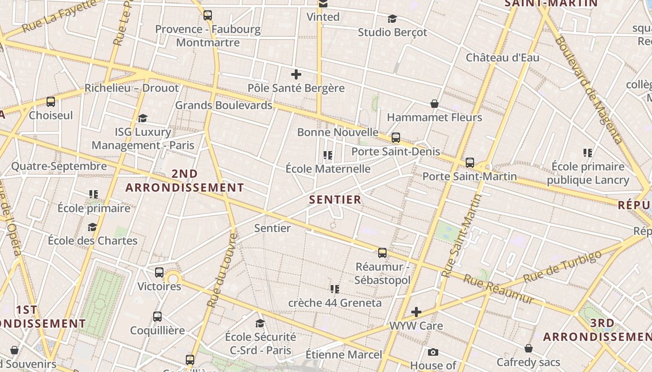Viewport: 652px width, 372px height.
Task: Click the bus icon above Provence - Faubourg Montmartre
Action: point(208,15)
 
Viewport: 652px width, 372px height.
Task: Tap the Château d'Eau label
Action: point(503,58)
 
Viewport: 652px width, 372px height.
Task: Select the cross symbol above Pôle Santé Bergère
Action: point(296,74)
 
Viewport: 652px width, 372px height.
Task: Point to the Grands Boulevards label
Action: point(224,105)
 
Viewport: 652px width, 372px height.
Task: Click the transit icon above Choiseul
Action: point(51,101)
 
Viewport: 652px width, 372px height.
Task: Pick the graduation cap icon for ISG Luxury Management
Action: point(143,118)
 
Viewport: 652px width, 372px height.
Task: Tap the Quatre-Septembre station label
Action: point(59,166)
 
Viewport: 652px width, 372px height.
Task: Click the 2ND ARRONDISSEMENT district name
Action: point(185,181)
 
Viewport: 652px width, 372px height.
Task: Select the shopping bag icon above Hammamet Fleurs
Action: point(435,104)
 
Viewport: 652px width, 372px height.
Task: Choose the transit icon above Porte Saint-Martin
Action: point(470,163)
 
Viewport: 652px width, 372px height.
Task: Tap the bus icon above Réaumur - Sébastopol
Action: point(382,253)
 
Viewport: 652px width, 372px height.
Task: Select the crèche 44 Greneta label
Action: point(335,303)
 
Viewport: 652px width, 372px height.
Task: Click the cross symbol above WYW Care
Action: point(416,312)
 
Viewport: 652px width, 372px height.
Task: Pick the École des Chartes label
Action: point(93,240)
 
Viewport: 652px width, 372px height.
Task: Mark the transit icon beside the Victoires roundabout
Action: point(159,272)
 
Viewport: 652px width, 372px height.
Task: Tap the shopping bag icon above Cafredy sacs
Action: point(529,348)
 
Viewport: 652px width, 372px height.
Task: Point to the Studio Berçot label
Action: point(392,32)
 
